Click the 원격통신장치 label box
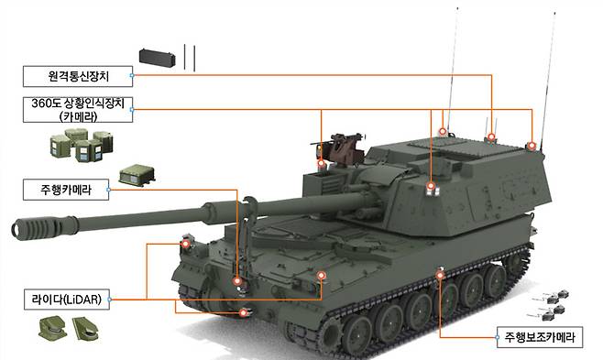pos(78,76)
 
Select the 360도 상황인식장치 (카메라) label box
pos(78,110)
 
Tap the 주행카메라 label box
pos(66,190)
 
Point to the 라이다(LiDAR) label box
pos(67,300)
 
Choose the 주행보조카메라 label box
pos(540,337)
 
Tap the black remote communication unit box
pos(157,57)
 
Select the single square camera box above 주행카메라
pos(137,175)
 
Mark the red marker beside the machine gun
pos(322,164)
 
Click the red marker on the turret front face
pos(431,186)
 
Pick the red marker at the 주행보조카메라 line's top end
pos(440,275)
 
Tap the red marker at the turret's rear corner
pos(532,146)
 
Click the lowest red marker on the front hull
pos(243,312)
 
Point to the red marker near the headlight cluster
pos(186,244)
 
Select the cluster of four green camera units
pos(82,145)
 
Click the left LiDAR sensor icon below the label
pos(52,328)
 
